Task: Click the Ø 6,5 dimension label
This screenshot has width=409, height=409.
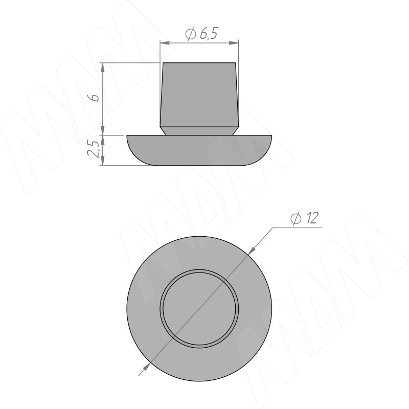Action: pyautogui.click(x=201, y=34)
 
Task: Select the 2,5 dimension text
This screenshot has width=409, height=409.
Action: pyautogui.click(x=93, y=149)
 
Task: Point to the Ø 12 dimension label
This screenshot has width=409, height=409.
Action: pyautogui.click(x=305, y=218)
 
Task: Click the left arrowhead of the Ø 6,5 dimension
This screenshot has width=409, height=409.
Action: pyautogui.click(x=165, y=43)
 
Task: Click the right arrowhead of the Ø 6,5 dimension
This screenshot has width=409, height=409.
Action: pyautogui.click(x=234, y=43)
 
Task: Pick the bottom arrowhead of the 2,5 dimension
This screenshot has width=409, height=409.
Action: pyautogui.click(x=103, y=161)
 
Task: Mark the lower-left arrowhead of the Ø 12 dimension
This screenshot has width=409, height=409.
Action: pyautogui.click(x=147, y=366)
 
